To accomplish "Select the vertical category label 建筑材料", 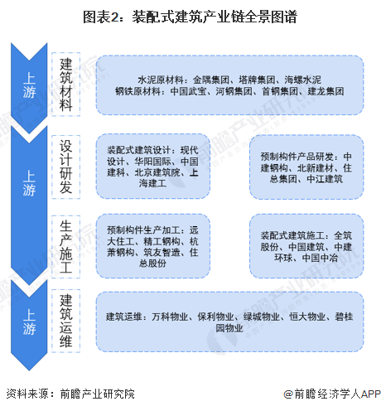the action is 66,85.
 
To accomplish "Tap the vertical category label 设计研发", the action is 66,167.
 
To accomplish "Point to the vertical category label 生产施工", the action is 66,247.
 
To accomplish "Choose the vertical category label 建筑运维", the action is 66,321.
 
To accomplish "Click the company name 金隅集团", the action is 211,80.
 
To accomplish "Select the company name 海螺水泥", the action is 303,80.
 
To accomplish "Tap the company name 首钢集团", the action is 280,91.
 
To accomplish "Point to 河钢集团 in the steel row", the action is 234,91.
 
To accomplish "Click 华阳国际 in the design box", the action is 152,162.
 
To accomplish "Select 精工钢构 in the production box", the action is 162,241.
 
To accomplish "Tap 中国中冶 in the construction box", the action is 320,258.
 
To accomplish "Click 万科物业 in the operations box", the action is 170,317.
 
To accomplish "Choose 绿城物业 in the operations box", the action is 262,317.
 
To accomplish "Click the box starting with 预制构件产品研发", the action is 306,167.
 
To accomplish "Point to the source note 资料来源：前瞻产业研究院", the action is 70,394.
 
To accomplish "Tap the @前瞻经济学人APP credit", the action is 332,394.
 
